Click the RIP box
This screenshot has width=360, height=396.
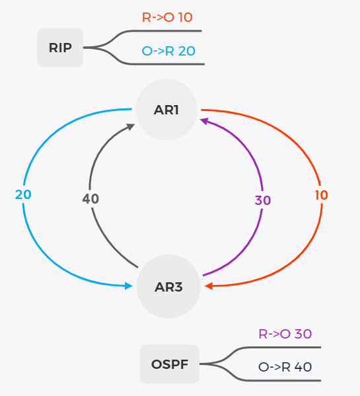[x=60, y=48]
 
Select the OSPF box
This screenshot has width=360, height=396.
[x=170, y=364]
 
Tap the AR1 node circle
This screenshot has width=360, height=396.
[x=166, y=109]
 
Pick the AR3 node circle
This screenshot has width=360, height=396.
[x=168, y=286]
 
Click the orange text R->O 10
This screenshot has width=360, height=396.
[x=167, y=17]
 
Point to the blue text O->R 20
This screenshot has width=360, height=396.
[x=168, y=51]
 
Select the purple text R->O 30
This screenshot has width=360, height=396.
[x=285, y=334]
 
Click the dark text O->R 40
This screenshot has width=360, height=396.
[x=285, y=367]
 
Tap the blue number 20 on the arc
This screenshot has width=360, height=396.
[x=23, y=195]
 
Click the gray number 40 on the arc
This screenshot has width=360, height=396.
[x=90, y=199]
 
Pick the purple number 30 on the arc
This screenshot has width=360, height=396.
[x=263, y=200]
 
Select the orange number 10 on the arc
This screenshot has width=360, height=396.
[x=322, y=195]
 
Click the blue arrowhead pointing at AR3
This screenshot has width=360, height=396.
[x=129, y=286]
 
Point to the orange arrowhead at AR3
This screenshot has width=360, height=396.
[x=209, y=286]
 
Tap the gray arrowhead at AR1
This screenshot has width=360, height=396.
[x=131, y=126]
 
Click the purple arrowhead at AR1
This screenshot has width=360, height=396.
[x=204, y=121]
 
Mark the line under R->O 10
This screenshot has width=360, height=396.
[x=168, y=31]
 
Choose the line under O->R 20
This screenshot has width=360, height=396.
[x=169, y=64]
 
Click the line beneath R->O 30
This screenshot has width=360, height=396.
[x=285, y=348]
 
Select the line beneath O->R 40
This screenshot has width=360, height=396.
[x=285, y=380]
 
